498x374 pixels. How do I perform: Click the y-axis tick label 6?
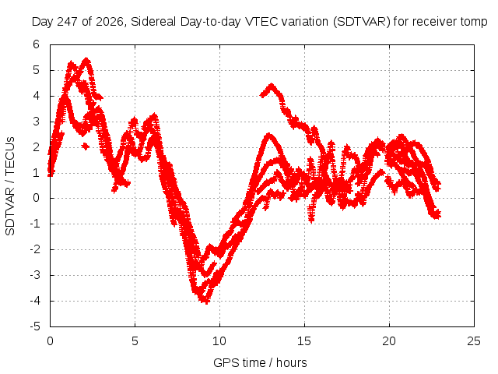coord(36,44)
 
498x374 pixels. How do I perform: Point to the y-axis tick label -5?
coord(35,326)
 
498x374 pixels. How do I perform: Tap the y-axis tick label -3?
coord(35,275)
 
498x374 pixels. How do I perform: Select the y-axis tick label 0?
coord(36,198)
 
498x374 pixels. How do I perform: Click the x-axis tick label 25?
coord(474,341)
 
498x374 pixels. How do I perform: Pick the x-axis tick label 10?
coord(219,341)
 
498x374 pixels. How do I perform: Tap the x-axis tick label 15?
coord(304,341)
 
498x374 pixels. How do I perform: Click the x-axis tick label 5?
coord(135,341)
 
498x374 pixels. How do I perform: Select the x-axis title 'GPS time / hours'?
coord(260,363)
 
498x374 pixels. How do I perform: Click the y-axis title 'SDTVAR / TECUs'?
coord(10,186)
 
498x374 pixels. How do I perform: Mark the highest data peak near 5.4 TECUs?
coord(86,59)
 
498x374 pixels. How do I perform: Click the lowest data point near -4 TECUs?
coord(205,301)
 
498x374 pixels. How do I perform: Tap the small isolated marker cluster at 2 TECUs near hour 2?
coord(85,146)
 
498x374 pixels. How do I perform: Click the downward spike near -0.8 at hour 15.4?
coord(311,219)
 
